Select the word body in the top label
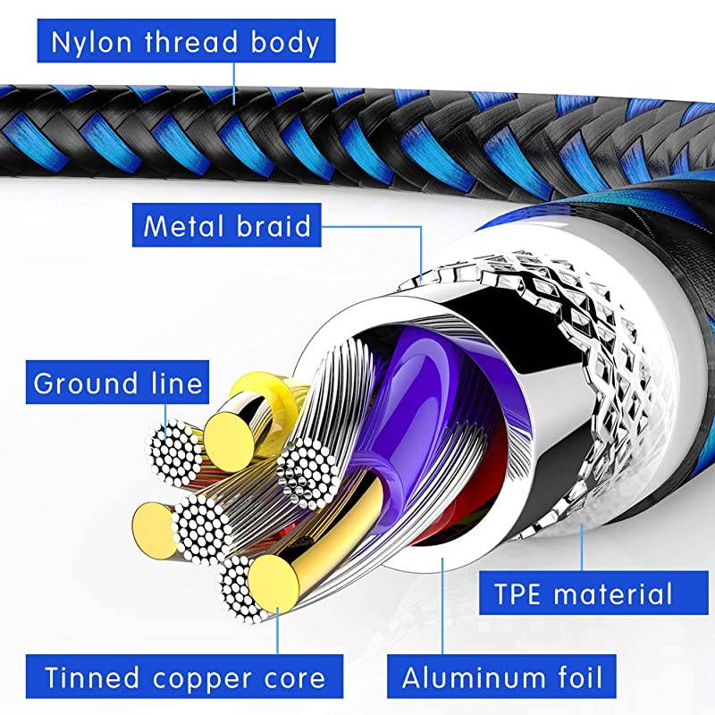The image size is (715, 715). [283, 42]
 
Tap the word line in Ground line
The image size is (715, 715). [173, 383]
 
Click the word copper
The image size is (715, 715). [202, 677]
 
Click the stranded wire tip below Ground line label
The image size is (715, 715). [172, 455]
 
